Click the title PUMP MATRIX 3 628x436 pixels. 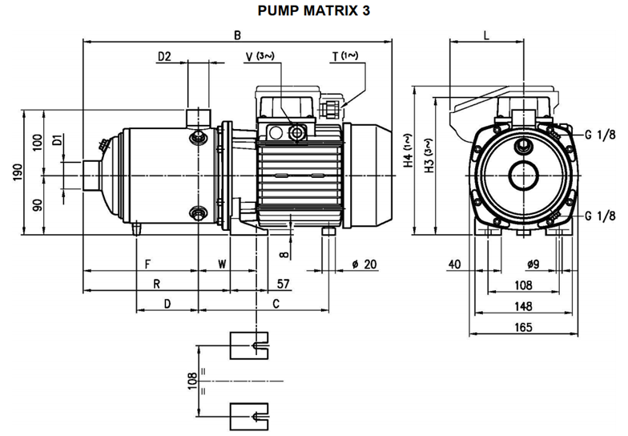[314, 12]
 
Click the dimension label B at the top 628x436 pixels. [237, 34]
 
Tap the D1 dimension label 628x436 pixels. [57, 141]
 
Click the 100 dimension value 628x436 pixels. [37, 142]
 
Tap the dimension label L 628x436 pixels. [488, 34]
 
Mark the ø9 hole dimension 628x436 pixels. [527, 264]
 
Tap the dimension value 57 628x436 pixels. [283, 284]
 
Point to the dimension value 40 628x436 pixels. [455, 264]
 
